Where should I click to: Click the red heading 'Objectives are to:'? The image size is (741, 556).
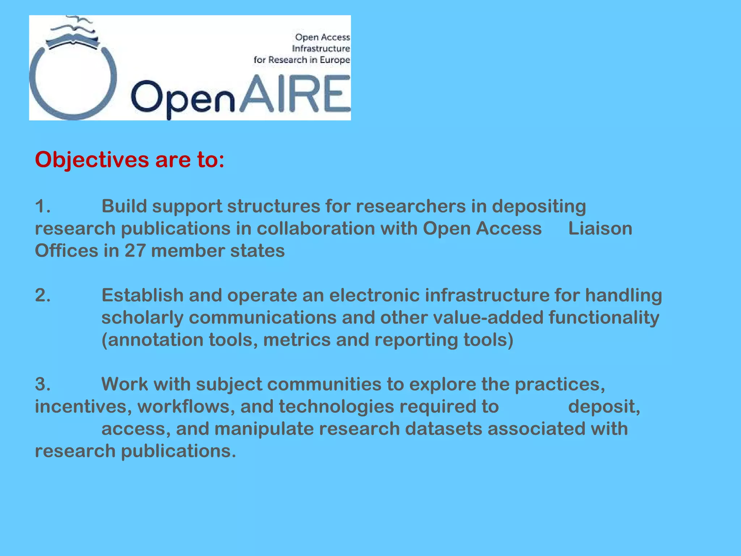[130, 160]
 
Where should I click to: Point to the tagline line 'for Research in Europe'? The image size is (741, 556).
[302, 60]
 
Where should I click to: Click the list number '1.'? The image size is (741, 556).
[43, 206]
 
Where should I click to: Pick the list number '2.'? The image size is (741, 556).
[43, 295]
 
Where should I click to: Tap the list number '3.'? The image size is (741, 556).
[43, 384]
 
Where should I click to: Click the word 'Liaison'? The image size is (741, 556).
[600, 229]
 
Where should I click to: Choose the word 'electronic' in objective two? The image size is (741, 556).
[374, 295]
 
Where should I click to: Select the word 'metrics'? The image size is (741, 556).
[297, 340]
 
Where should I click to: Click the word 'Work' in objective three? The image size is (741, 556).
[124, 384]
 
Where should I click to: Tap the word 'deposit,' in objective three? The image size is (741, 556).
[604, 407]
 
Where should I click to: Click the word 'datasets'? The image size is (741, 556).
[443, 429]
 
